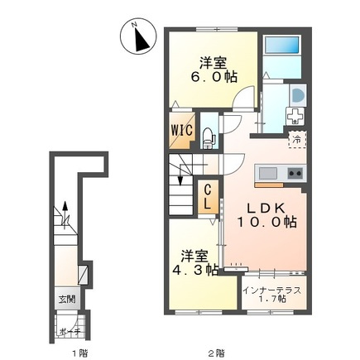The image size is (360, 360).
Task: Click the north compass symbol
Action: pyautogui.click(x=138, y=36)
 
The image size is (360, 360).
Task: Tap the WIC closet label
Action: pyautogui.click(x=182, y=130)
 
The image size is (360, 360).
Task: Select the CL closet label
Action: pyautogui.click(x=208, y=197)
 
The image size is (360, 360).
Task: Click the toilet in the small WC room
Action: pyautogui.click(x=208, y=138)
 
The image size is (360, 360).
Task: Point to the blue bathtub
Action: pyautogui.click(x=282, y=45)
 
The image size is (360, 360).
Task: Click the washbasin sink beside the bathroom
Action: pyautogui.click(x=298, y=95)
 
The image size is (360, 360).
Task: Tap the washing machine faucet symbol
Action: pyautogui.click(x=295, y=116)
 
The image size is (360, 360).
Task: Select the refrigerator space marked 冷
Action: pyautogui.click(x=297, y=140)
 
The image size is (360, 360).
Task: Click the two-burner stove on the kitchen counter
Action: pyautogui.click(x=295, y=173)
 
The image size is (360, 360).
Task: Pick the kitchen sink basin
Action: pyautogui.click(x=268, y=173)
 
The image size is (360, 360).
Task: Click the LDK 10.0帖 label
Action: pyautogui.click(x=266, y=215)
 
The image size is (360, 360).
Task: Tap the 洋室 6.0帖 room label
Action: pyautogui.click(x=214, y=70)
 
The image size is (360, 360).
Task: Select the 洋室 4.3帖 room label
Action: pyautogui.click(x=195, y=263)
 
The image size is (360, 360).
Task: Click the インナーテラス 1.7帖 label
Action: pyautogui.click(x=271, y=295)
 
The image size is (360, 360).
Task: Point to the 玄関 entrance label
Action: pyautogui.click(x=67, y=299)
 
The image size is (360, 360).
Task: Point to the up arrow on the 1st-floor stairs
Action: pyautogui.click(x=65, y=215)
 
